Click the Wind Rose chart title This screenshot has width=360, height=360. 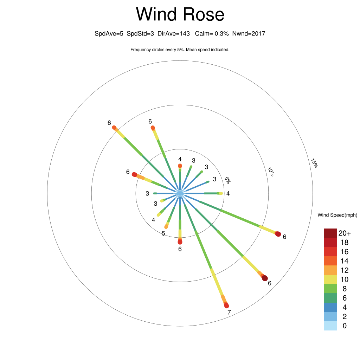[180, 14]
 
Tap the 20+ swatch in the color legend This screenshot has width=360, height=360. [330, 233]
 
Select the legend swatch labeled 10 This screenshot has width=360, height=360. [330, 279]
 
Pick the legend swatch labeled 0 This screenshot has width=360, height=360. [330, 326]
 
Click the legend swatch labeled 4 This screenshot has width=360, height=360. [330, 307]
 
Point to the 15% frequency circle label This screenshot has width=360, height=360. [314, 163]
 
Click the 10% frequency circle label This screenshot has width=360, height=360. [271, 172]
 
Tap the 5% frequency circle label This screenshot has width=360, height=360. [227, 180]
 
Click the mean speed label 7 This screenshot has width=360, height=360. [229, 312]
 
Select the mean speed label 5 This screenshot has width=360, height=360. [163, 233]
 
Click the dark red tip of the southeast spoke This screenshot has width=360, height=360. [265, 278]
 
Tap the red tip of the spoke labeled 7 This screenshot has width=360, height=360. [226, 306]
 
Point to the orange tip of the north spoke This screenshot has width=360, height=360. [180, 166]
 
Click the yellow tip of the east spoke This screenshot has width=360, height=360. [221, 193]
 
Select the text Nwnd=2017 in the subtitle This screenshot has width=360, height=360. [249, 33]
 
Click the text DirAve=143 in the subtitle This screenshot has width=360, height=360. [174, 33]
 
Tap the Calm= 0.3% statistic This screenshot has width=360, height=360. [212, 33]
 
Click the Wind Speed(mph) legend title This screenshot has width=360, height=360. [337, 215]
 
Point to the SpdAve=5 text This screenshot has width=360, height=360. [109, 34]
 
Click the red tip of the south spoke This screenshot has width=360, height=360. [180, 242]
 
